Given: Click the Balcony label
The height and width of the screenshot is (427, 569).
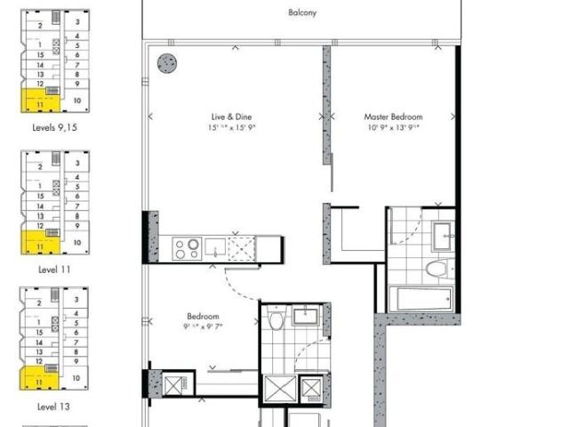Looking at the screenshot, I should [302, 13].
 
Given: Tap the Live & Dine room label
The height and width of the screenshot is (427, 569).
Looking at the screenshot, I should [228, 117].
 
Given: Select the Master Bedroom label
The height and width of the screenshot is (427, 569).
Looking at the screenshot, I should [393, 117].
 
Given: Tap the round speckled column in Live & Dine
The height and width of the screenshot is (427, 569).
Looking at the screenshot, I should [166, 63].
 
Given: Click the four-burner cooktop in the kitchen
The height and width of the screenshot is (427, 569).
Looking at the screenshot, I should [188, 248].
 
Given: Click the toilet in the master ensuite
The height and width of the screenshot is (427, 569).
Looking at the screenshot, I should [438, 268].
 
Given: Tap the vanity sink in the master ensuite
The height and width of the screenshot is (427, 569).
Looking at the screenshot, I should [442, 236].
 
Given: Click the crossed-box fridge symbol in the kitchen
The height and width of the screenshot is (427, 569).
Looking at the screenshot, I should [243, 248].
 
